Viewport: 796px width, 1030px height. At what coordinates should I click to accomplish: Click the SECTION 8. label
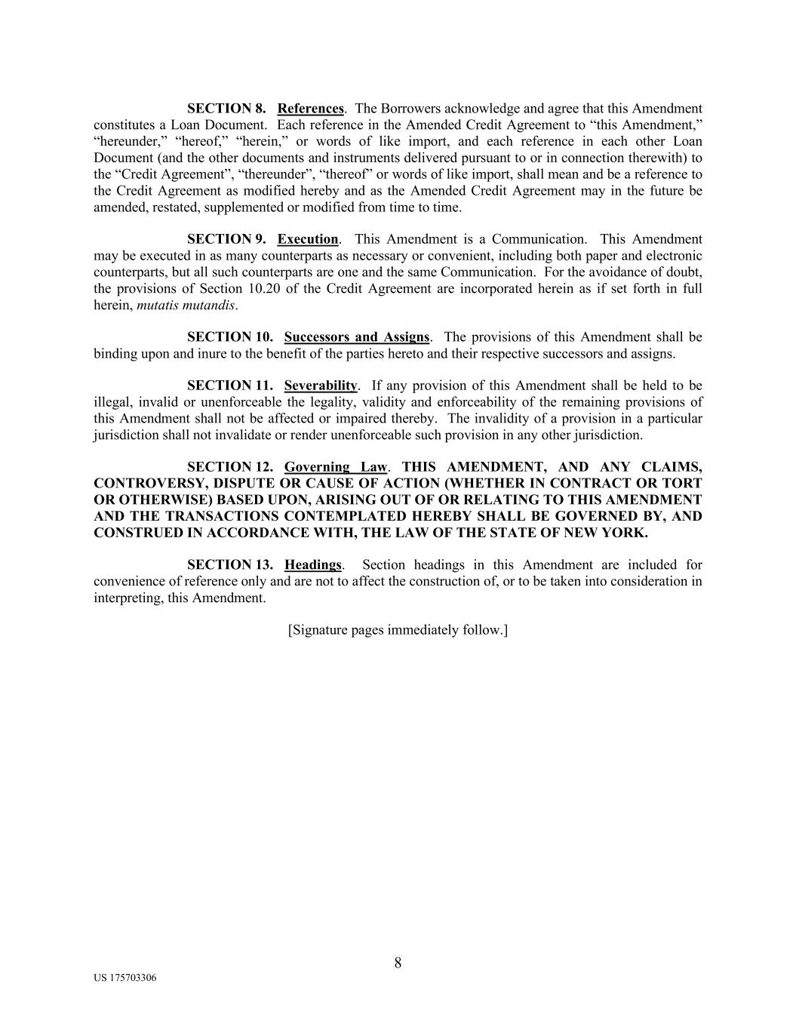click(226, 109)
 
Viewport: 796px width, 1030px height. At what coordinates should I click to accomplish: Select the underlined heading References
click(311, 109)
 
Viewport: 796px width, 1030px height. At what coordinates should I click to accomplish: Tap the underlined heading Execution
click(308, 239)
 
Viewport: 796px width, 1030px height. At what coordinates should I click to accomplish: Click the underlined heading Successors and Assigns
click(356, 337)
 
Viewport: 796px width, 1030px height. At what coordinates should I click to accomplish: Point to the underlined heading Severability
click(320, 386)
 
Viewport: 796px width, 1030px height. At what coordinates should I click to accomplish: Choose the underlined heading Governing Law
click(336, 467)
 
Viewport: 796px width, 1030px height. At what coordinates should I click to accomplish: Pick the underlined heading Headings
click(313, 564)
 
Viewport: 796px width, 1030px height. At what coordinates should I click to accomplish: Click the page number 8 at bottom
click(398, 963)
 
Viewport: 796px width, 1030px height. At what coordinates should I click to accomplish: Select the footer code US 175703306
click(125, 978)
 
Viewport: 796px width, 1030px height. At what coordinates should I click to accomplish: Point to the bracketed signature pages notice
click(398, 629)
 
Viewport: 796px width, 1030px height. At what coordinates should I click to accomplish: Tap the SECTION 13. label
click(229, 564)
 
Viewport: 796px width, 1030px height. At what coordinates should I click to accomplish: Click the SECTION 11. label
click(229, 386)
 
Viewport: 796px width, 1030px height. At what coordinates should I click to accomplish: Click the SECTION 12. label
click(229, 467)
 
